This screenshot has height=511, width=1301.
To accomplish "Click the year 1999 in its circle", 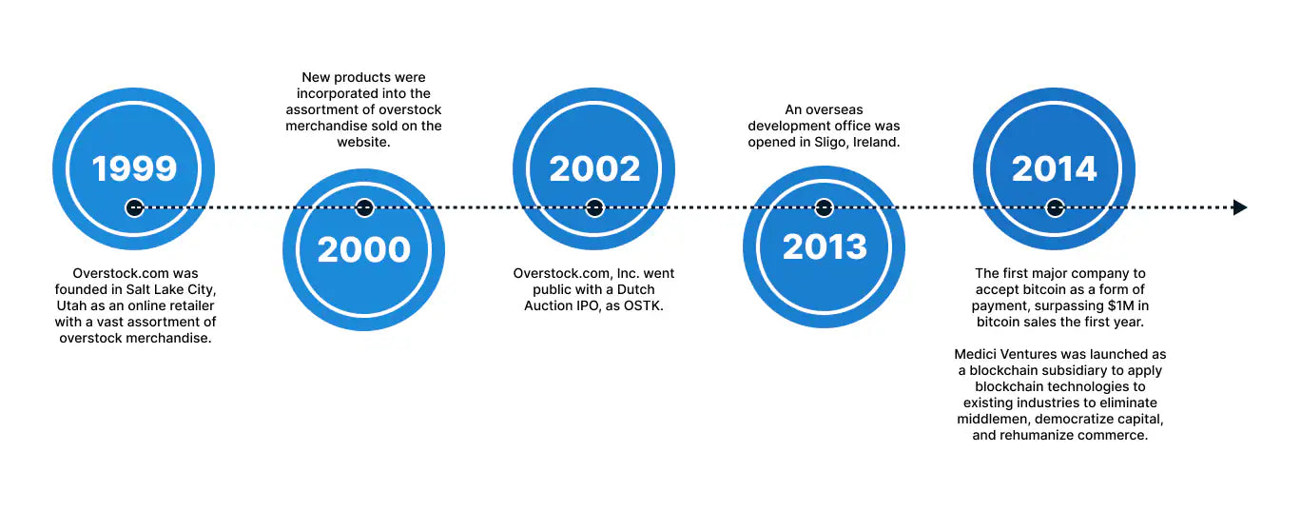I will (134, 168).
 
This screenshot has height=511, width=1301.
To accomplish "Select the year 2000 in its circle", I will (364, 249).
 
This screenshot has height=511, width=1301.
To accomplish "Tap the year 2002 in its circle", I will (594, 168).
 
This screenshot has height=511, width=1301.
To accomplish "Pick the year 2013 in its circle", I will (825, 247).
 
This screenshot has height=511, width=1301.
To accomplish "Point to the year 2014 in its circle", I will (1055, 168).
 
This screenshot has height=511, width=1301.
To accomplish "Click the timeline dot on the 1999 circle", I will (134, 207).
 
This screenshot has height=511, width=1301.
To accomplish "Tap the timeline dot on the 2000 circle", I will (364, 207).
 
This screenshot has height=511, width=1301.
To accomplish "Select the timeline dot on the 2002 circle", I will (594, 207).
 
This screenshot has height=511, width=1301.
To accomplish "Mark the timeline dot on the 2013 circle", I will (825, 207).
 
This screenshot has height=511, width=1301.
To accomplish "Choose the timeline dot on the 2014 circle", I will (1055, 207).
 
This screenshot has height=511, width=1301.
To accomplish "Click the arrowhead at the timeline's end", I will (1239, 207).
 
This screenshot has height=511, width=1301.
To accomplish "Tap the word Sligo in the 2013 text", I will (834, 142).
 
